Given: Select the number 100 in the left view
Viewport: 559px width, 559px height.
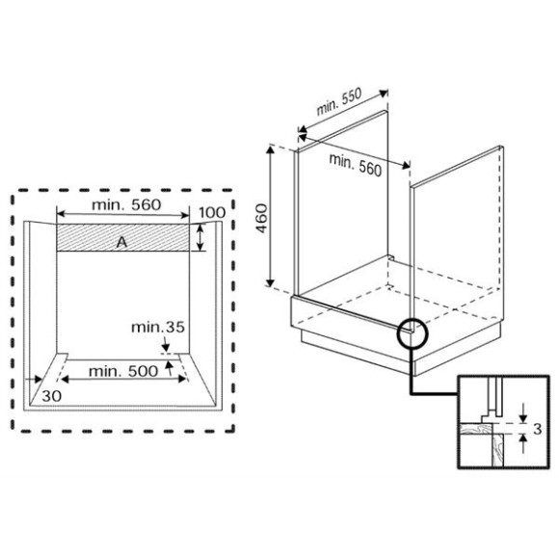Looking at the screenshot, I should pos(212,213).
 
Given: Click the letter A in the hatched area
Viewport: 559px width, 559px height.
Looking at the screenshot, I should pos(121,243).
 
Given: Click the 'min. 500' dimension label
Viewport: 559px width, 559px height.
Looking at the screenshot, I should pos(122,370).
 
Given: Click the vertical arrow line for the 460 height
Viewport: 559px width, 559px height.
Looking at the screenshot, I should pos(274,216).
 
